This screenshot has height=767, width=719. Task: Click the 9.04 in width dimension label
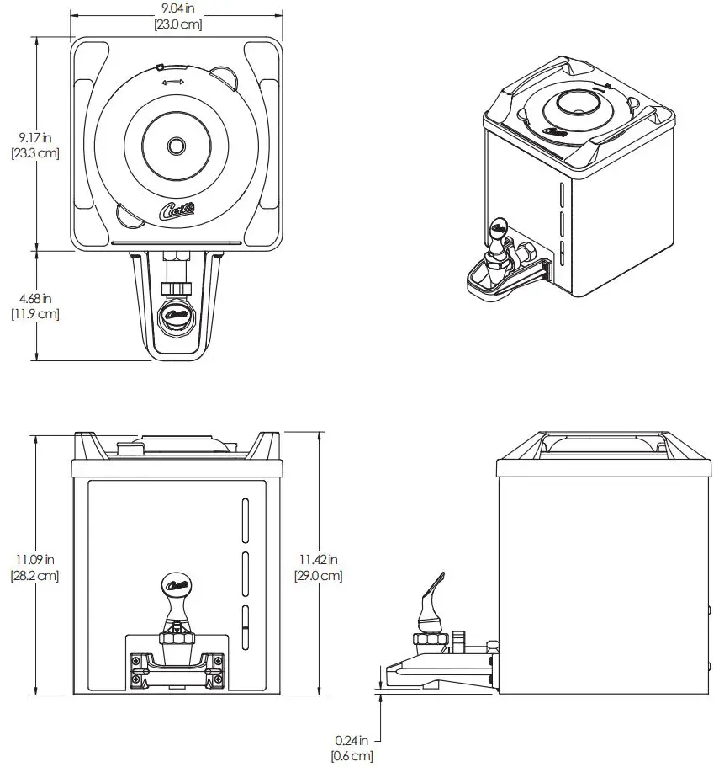point(177,9)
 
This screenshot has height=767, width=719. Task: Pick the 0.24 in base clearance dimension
point(352,741)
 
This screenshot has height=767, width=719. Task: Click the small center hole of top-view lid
point(176,146)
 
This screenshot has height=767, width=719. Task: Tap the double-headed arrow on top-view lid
point(173,82)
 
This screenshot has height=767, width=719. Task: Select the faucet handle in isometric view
point(496,227)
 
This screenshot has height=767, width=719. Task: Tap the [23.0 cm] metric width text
point(177,24)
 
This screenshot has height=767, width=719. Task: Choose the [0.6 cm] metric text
point(352,756)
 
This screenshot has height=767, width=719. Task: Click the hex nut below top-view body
point(176,289)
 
